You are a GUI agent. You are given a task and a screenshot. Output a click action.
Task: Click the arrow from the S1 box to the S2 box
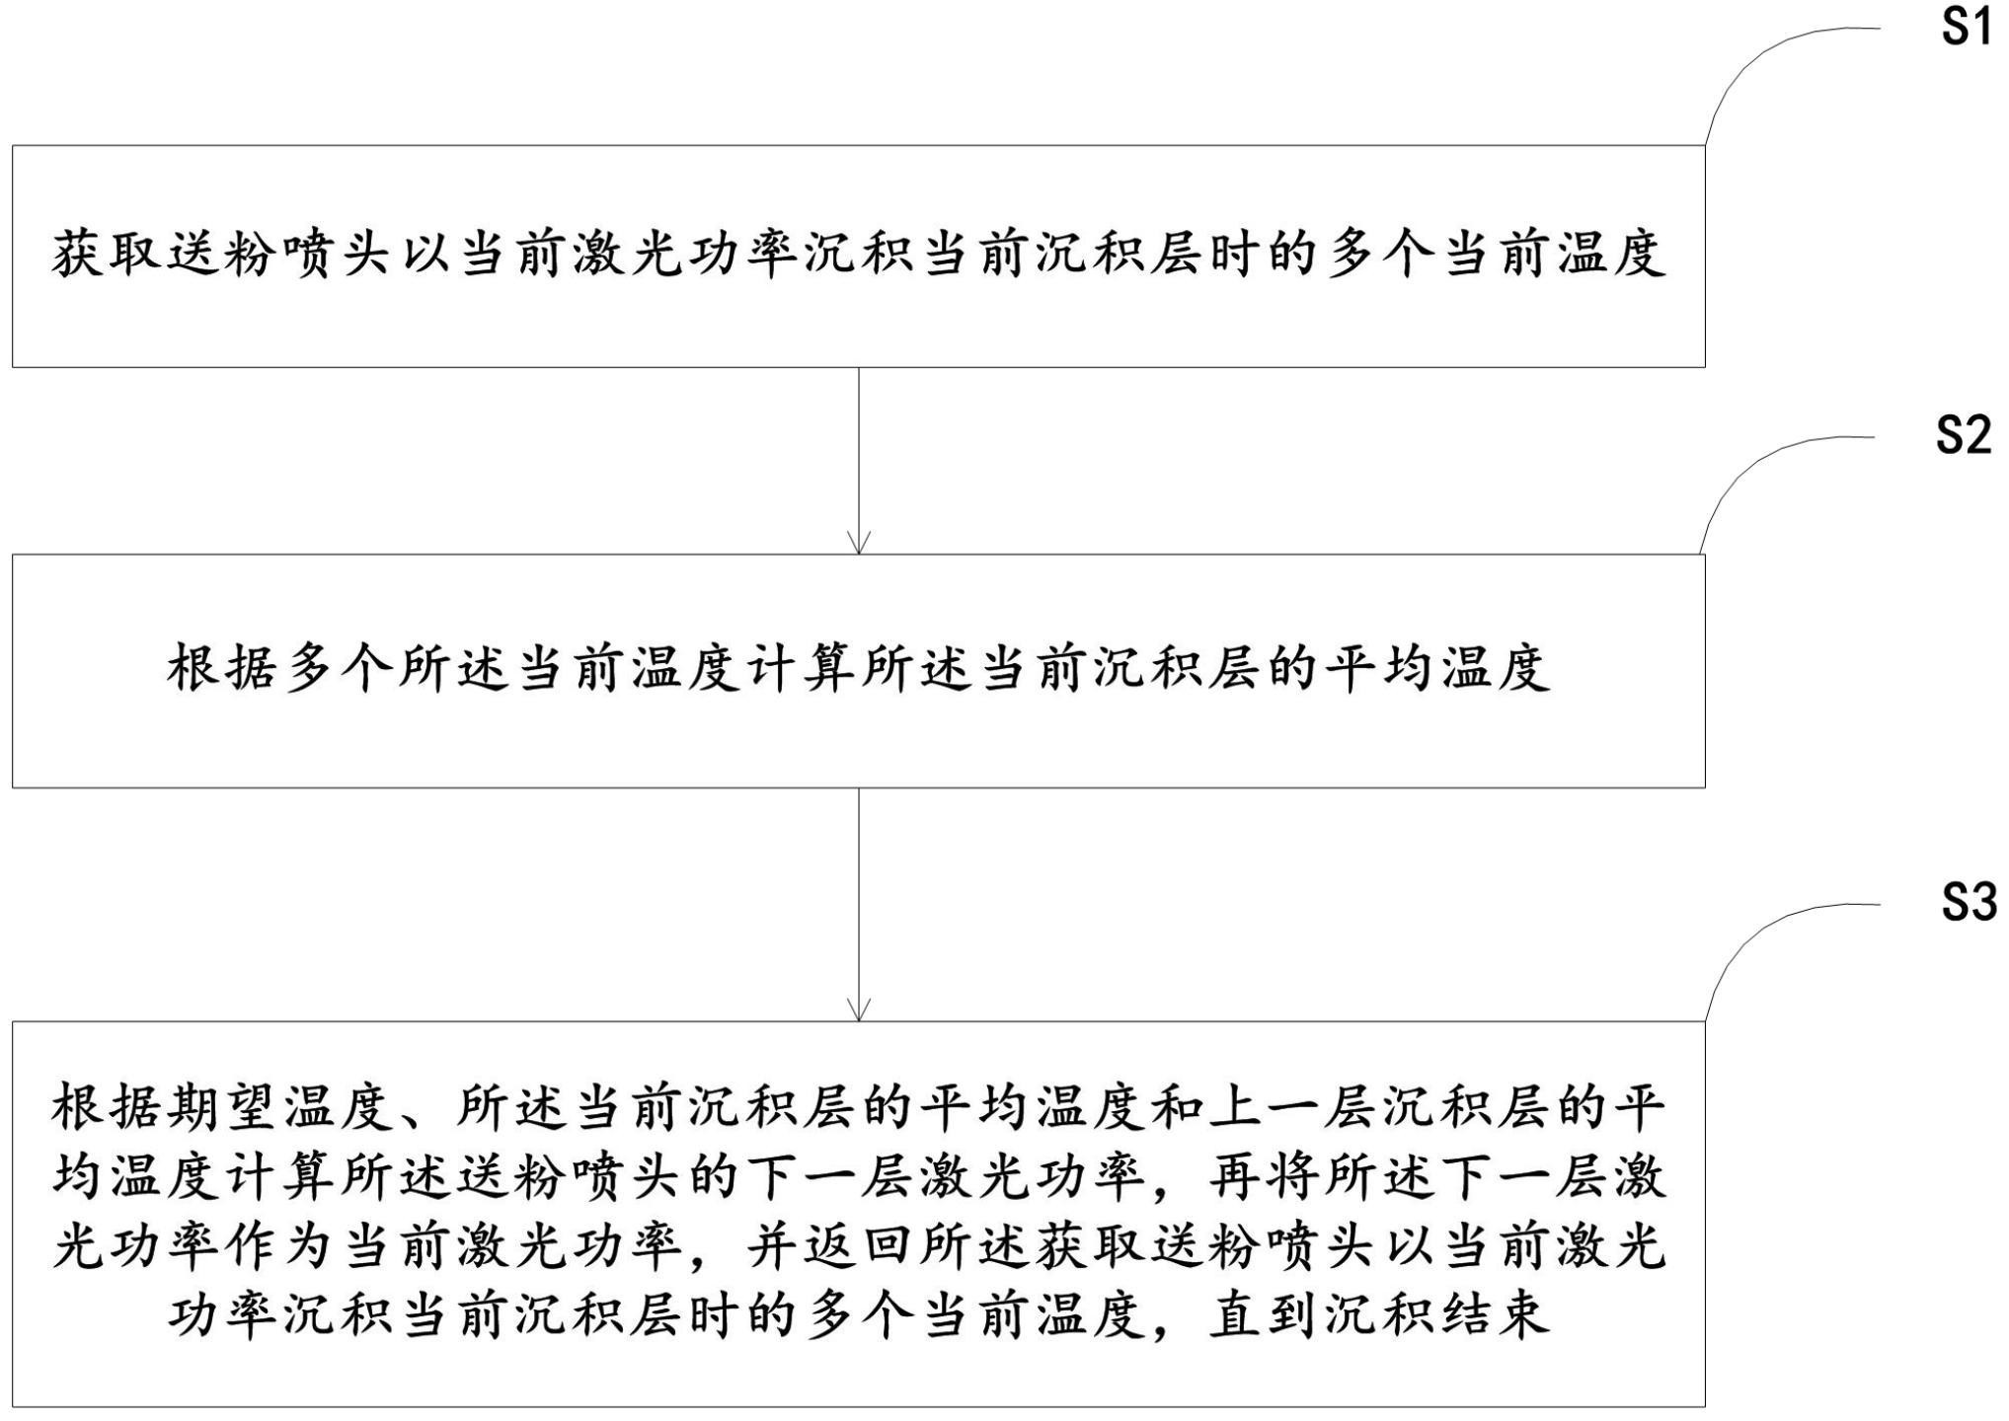point(859,461)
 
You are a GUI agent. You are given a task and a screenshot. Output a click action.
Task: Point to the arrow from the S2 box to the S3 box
point(859,904)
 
